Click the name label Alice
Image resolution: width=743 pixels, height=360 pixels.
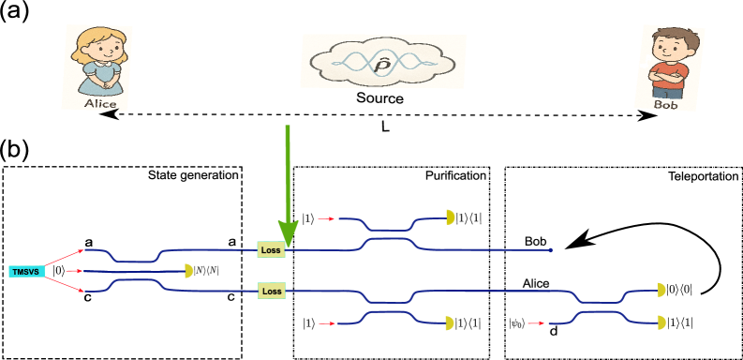pos(99,104)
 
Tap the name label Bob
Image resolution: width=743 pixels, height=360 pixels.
pos(665,105)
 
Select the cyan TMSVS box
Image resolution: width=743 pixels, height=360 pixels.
pos(26,271)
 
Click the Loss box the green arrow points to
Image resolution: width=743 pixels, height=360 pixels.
pos(271,249)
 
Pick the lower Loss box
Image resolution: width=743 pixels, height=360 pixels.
pos(272,291)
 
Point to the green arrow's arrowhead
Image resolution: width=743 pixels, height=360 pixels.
pos(288,233)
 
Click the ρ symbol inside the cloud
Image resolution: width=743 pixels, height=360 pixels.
pos(382,64)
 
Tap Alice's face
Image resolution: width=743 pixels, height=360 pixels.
pos(100,48)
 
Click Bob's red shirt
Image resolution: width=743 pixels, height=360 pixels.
pos(669,75)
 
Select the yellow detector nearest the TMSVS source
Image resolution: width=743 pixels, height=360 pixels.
pos(188,271)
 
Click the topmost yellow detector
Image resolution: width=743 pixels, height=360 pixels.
pos(450,217)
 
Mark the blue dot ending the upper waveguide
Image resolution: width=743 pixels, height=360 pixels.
pos(550,250)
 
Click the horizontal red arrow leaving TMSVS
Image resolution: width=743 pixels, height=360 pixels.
pos(75,271)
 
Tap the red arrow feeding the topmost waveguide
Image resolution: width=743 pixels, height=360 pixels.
pos(326,218)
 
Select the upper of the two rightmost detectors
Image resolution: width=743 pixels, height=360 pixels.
pos(661,291)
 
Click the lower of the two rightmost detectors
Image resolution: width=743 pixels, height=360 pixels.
pos(661,322)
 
